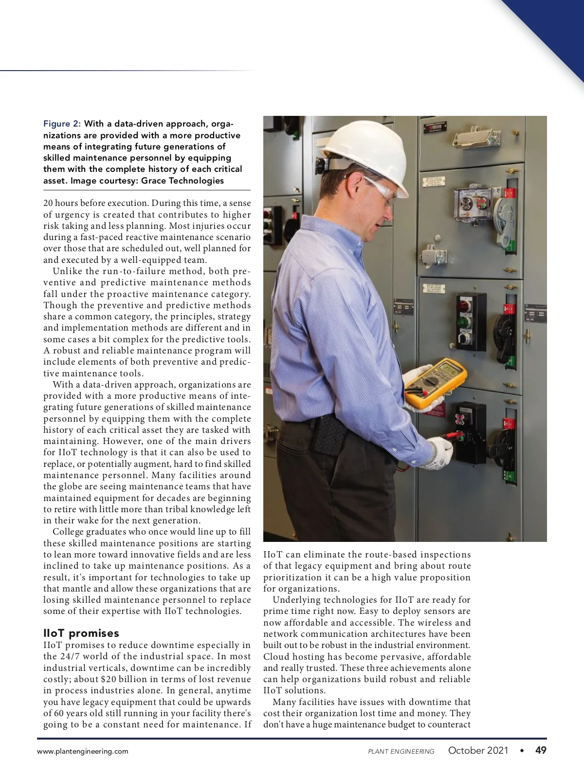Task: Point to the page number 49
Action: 541,750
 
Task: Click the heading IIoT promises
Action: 81,633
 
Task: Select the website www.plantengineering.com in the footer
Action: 83,751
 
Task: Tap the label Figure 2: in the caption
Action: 62,124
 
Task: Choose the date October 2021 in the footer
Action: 478,750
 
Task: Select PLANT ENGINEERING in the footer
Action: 401,751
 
